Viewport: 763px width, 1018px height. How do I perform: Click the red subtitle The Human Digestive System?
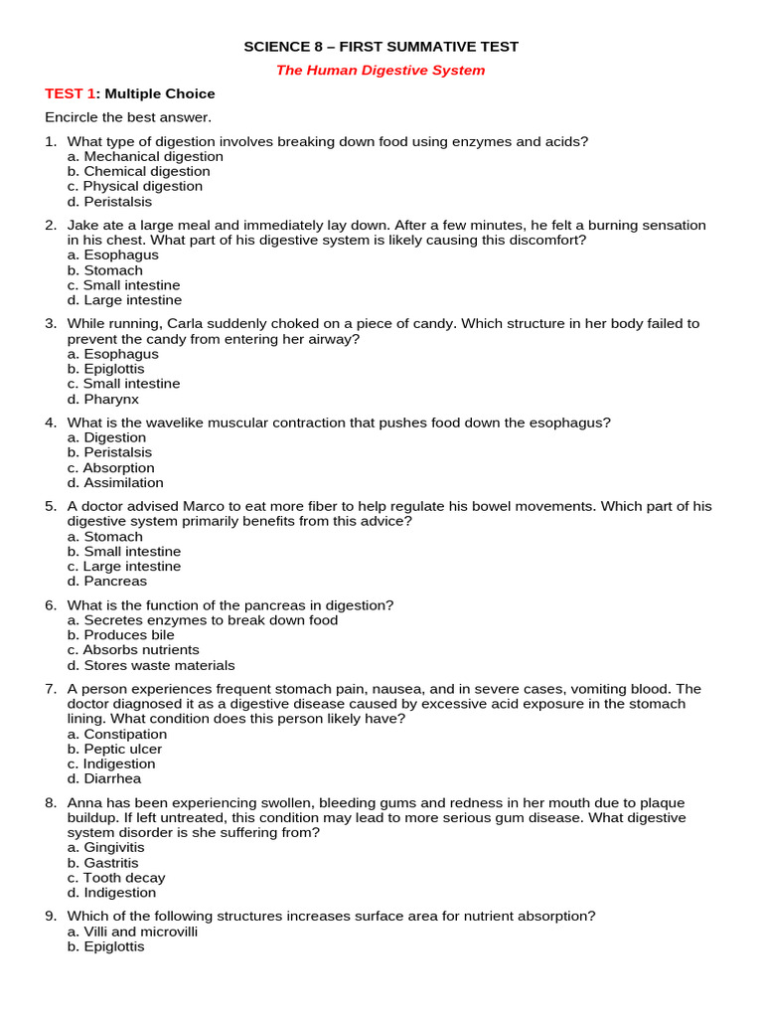tap(381, 71)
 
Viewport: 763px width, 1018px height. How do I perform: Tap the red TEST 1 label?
tap(71, 94)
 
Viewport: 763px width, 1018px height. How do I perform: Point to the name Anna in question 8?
tap(85, 803)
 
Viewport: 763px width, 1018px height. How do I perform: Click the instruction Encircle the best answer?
tap(128, 117)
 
